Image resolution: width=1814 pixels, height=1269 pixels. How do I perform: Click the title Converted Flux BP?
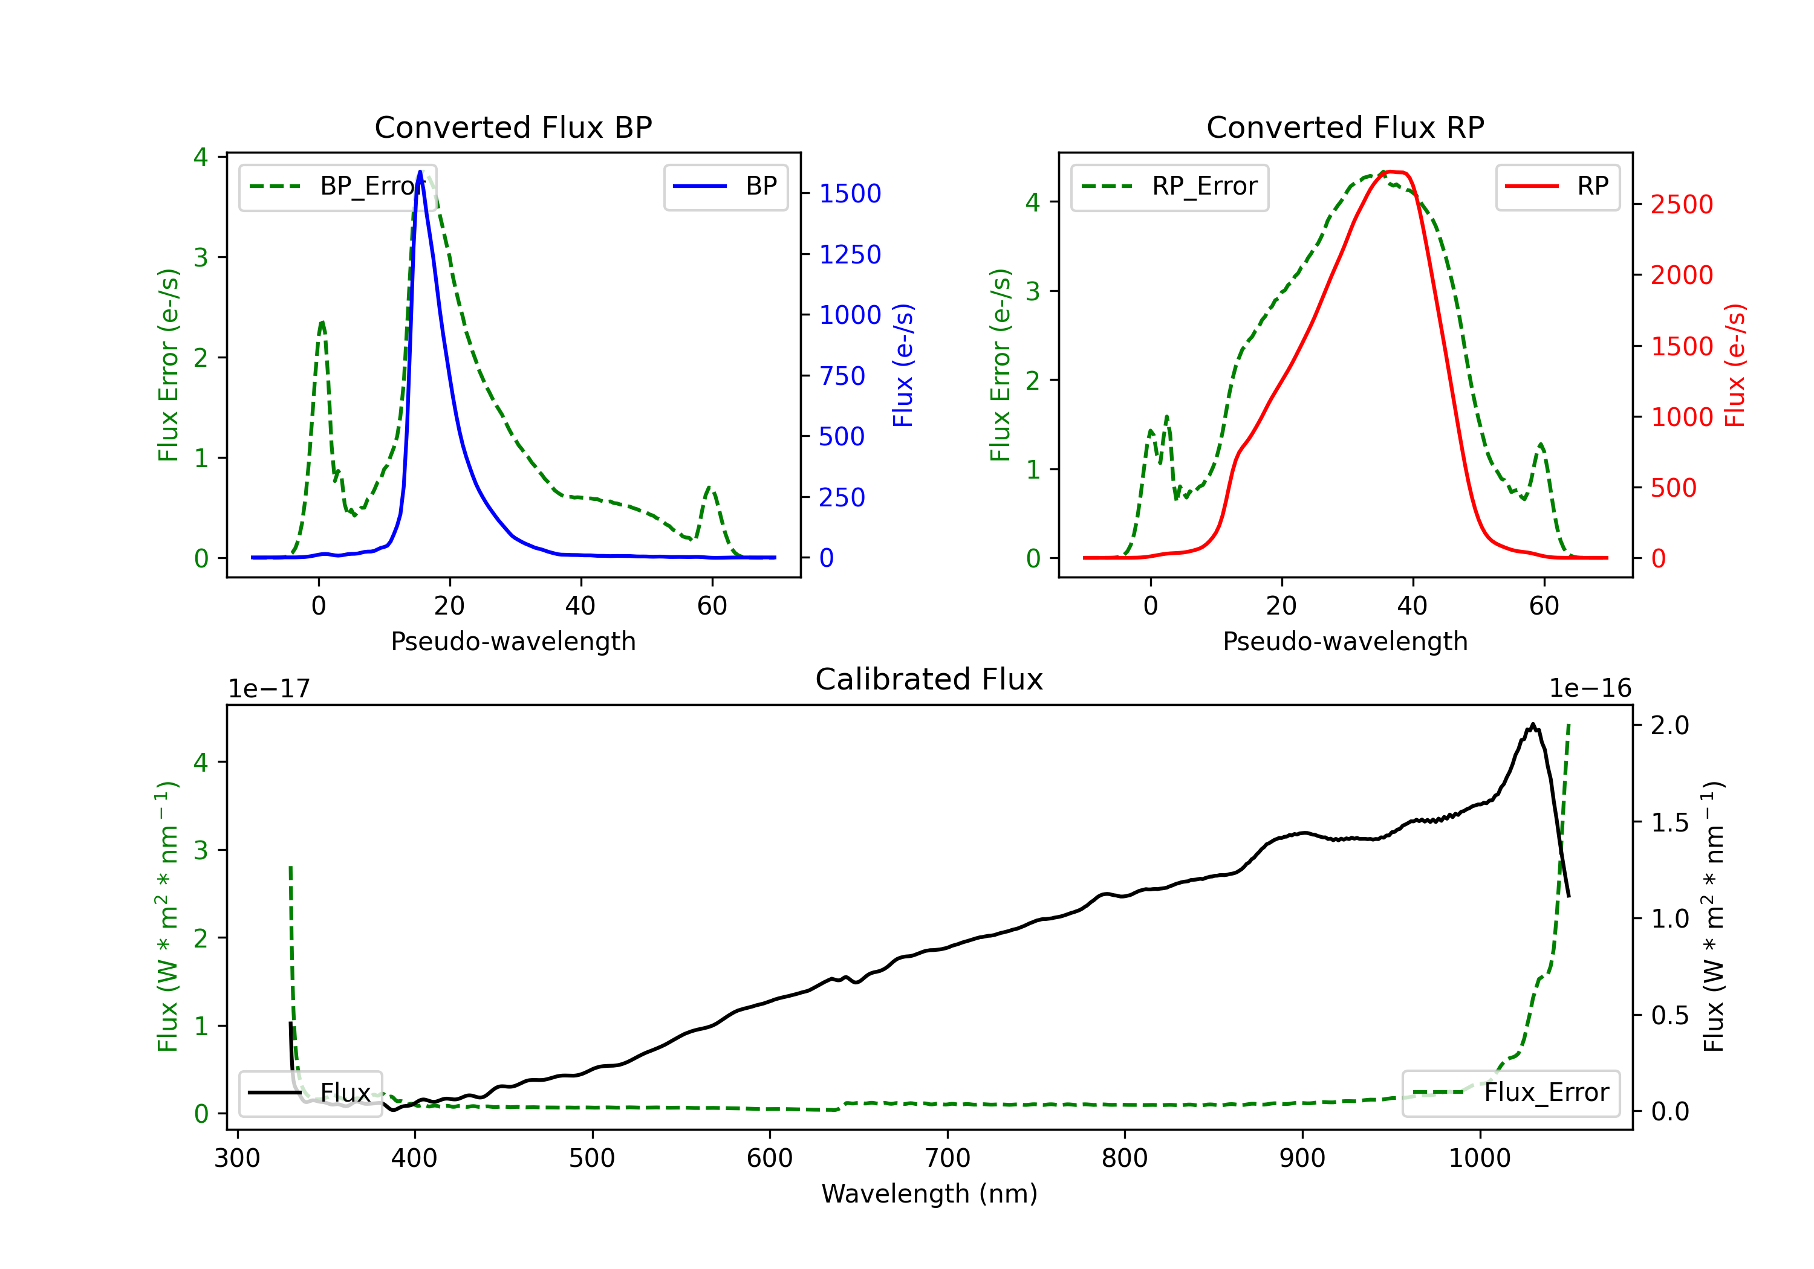click(513, 127)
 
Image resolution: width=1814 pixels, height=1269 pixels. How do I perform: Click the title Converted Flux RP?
click(1345, 127)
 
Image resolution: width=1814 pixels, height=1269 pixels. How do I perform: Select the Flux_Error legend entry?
click(1510, 1093)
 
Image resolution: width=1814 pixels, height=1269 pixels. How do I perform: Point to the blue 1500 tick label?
click(850, 193)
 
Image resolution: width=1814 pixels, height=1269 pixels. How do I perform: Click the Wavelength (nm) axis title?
click(929, 1193)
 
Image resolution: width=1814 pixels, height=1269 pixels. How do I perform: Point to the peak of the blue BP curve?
click(420, 172)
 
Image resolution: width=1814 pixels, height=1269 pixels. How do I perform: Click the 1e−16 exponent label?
click(1590, 689)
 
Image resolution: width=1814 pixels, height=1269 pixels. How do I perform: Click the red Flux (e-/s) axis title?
click(1735, 366)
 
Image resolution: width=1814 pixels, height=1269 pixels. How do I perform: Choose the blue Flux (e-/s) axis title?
click(903, 366)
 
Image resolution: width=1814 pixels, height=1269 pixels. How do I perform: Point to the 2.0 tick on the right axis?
click(1669, 725)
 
